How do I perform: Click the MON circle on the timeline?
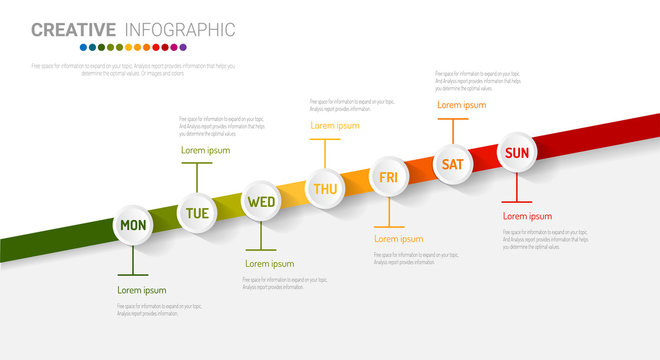(x=133, y=225)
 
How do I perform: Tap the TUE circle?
(x=197, y=213)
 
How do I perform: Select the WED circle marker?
(x=261, y=201)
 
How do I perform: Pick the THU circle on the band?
(x=325, y=188)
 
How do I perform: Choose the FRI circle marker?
(x=388, y=177)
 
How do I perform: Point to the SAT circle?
(x=453, y=164)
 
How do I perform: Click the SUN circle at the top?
(x=517, y=152)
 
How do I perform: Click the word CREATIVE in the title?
(x=73, y=30)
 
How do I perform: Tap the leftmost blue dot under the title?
(x=84, y=47)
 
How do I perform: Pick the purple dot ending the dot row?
(x=182, y=47)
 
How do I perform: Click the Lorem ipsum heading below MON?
(x=142, y=290)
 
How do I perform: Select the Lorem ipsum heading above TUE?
(x=205, y=150)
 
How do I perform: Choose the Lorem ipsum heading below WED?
(x=269, y=264)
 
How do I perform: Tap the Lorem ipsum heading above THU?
(x=334, y=126)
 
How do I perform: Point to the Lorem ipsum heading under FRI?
(x=398, y=239)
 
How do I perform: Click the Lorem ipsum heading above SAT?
(x=461, y=104)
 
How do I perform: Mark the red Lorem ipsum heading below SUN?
(x=527, y=216)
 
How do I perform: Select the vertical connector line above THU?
(x=325, y=153)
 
